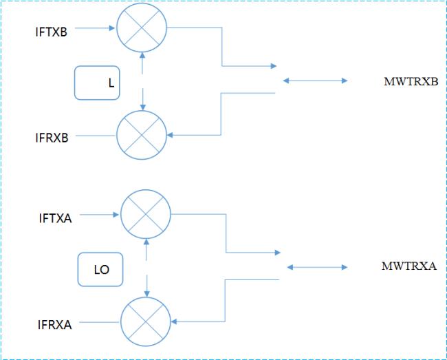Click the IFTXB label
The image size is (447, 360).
click(x=52, y=32)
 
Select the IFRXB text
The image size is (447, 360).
click(x=52, y=138)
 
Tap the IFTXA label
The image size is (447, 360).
click(x=55, y=218)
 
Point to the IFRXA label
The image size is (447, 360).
click(x=55, y=325)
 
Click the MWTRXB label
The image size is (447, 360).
click(x=411, y=82)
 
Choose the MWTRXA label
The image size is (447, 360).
click(x=409, y=266)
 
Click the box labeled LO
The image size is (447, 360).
click(x=100, y=269)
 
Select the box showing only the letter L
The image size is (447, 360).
click(x=97, y=83)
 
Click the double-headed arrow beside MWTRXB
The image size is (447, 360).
click(x=315, y=81)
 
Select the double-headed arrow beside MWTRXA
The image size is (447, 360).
click(x=317, y=267)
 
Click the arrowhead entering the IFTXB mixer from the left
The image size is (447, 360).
click(x=112, y=28)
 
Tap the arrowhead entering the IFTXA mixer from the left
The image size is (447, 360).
click(x=116, y=215)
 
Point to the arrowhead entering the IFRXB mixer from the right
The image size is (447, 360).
click(x=170, y=135)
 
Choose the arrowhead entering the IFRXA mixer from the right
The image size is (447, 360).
click(x=174, y=321)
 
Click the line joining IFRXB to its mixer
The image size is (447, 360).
click(x=96, y=136)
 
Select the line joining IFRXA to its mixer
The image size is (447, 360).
click(x=100, y=322)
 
